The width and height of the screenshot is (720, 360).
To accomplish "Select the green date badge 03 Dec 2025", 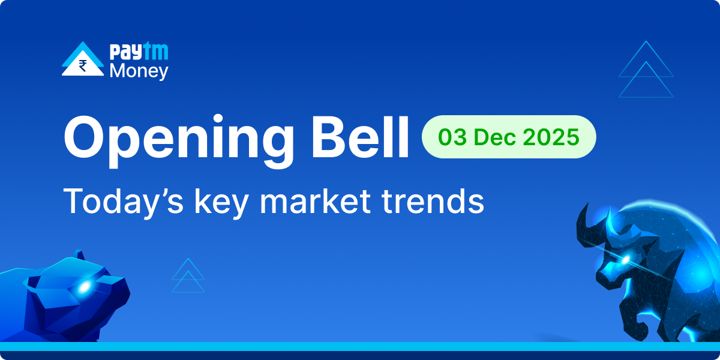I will click(x=509, y=137).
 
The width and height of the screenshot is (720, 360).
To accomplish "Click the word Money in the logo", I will click(x=139, y=71).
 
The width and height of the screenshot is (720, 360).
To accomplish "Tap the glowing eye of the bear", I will click(x=83, y=287).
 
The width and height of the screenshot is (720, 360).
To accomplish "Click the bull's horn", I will click(x=585, y=219).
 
